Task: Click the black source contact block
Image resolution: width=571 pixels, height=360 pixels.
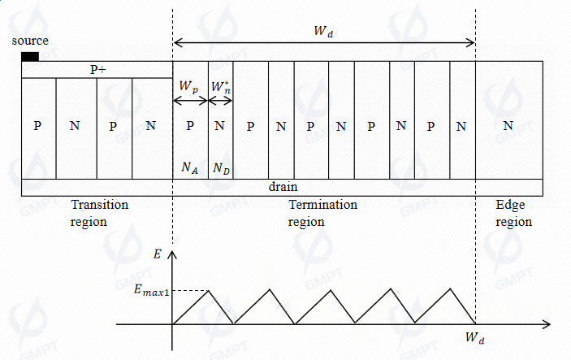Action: pos(29,56)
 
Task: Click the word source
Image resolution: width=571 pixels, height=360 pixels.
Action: pos(31,41)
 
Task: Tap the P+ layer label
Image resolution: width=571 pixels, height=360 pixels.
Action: pos(97,71)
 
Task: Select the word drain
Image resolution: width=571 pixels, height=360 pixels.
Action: pos(283,187)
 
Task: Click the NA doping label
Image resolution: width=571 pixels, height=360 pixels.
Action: pos(188,167)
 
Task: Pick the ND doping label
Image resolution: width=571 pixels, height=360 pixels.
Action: pos(220,167)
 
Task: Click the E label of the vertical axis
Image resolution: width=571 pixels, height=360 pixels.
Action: pos(157,254)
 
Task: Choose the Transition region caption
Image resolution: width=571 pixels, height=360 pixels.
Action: pos(100,213)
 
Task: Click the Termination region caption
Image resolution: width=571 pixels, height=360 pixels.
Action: pos(323,213)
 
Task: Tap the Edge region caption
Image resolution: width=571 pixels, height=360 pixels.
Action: pos(513,213)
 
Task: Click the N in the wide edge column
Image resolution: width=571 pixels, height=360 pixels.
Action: pos(508,126)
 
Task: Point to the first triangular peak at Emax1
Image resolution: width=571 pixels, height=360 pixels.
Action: pos(209,290)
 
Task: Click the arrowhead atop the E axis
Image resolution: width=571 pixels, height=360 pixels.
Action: pos(171,254)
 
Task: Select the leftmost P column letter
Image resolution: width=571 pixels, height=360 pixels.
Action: pos(37,126)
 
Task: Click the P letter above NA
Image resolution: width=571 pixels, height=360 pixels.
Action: pos(189,126)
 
